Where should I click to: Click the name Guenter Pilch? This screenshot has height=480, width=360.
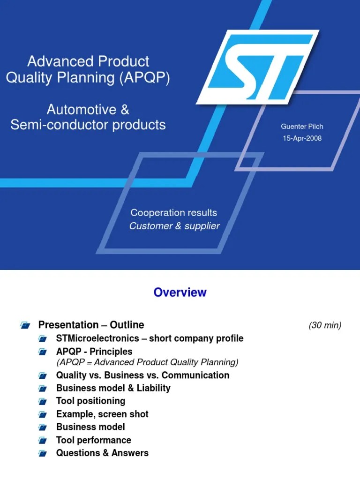coord(301,127)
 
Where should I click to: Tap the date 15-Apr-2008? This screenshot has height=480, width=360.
coord(302,138)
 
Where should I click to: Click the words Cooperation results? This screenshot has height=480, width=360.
coord(173,213)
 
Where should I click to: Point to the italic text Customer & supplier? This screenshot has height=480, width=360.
coord(174,226)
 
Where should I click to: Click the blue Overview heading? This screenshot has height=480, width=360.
coord(180,292)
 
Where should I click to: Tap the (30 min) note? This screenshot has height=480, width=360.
coord(325,325)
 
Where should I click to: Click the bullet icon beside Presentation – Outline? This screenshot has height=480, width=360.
coord(25,325)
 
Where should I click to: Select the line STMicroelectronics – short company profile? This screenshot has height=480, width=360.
coord(150,338)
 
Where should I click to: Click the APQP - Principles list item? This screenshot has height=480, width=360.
coord(94,352)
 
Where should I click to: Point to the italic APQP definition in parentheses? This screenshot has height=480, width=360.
coord(147,362)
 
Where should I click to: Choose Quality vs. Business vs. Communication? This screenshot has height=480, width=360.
coord(142,375)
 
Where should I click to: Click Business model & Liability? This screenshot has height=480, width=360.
coord(113,388)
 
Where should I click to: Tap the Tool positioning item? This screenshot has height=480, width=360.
coord(90,401)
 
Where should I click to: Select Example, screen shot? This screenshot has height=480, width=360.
coord(102,414)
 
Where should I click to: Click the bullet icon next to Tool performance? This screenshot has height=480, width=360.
coord(43,441)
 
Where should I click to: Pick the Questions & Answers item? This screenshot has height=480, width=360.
coord(102,453)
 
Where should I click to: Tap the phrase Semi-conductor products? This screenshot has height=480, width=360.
coord(88,125)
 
